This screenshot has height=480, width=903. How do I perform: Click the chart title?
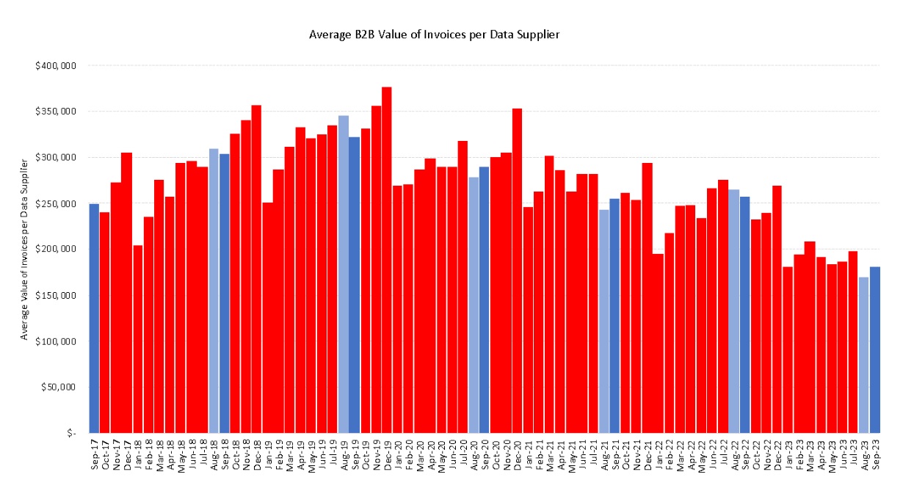tap(451, 34)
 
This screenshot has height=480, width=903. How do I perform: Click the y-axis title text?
tap(24, 250)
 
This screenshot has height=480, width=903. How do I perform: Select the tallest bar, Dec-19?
tap(387, 257)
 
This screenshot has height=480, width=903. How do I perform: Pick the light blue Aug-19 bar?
tap(344, 272)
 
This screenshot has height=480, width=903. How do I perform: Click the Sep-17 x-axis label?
tap(94, 457)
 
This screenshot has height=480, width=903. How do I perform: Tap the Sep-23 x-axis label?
tap(874, 457)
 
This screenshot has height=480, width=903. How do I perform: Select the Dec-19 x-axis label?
tap(387, 457)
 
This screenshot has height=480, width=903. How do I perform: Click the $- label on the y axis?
tap(71, 433)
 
